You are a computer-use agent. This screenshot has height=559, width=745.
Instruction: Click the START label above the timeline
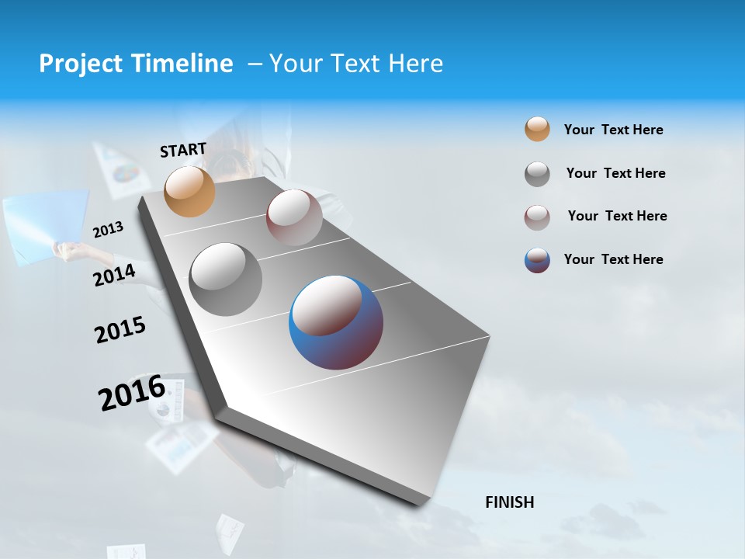[x=183, y=150]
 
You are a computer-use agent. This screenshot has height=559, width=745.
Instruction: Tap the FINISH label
[x=510, y=502]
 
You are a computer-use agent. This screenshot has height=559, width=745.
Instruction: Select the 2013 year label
[x=108, y=229]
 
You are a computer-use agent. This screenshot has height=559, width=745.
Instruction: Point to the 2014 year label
[x=115, y=275]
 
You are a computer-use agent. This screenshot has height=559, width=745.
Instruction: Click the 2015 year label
[x=120, y=330]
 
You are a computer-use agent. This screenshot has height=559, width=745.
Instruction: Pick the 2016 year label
[x=132, y=392]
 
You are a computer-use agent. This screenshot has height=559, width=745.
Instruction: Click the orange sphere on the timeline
[x=190, y=191]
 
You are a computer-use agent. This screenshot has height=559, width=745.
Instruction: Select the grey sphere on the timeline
[x=225, y=279]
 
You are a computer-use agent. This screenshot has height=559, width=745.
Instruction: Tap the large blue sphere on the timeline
[x=336, y=322]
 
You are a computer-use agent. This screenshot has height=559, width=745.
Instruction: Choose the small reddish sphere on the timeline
[x=294, y=217]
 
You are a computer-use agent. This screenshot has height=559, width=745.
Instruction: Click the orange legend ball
[x=537, y=130]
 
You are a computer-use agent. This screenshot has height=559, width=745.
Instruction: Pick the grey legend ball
[x=537, y=174]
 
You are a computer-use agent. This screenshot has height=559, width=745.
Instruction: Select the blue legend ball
[x=537, y=260]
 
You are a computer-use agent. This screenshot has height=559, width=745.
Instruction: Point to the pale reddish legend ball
[x=537, y=217]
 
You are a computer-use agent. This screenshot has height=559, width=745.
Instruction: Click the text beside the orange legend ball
[x=613, y=130]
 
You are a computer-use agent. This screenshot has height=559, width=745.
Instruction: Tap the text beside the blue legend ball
[x=613, y=259]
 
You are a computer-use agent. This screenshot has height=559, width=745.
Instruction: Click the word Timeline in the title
[x=183, y=64]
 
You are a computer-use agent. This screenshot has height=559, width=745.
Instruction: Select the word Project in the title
[x=81, y=64]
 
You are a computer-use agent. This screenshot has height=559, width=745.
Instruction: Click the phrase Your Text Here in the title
[x=356, y=64]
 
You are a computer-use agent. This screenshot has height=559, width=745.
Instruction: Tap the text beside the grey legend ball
[x=615, y=173]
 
